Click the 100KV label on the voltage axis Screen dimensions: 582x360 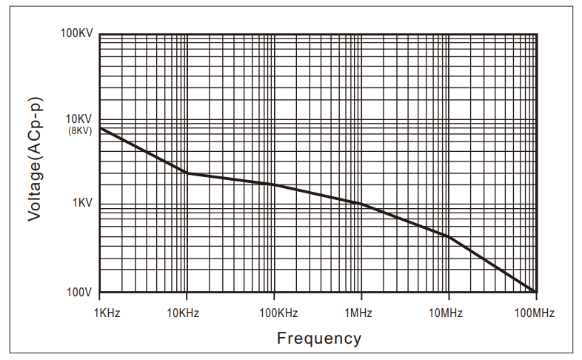(x=76, y=33)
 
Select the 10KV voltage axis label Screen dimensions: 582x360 (x=78, y=119)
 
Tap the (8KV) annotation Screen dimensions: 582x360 (x=80, y=130)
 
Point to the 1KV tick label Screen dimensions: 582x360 (x=82, y=203)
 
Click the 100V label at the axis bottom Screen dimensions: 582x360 (x=79, y=293)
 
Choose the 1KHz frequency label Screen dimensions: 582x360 (x=107, y=313)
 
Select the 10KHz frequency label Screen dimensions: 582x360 (x=183, y=313)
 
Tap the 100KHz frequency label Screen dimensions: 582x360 (x=278, y=313)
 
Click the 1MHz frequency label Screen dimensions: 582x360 (x=358, y=313)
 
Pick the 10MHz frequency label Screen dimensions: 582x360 (x=446, y=313)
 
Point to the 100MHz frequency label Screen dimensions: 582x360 (x=534, y=313)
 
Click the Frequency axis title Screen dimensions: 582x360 (x=319, y=339)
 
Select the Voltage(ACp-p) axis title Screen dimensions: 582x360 (x=36, y=159)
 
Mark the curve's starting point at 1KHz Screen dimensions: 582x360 (x=100, y=128)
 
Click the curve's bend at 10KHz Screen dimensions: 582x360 (x=187, y=173)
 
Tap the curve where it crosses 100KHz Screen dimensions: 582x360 (x=274, y=184)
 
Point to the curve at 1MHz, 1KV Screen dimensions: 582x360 (x=361, y=204)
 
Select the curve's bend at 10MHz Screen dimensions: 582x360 (x=449, y=236)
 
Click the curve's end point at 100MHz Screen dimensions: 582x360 (x=535, y=292)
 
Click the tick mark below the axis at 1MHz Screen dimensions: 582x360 (x=361, y=296)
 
